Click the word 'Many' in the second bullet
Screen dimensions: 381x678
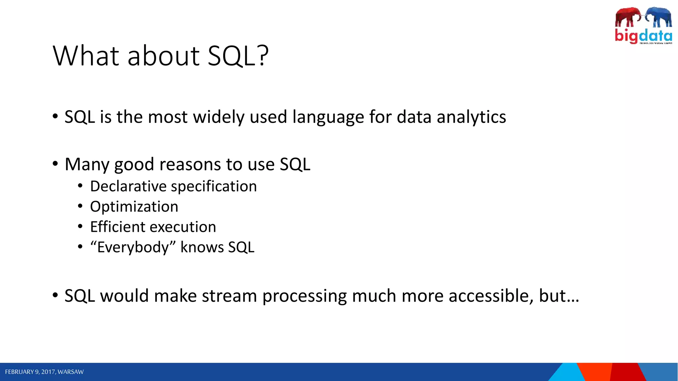pyautogui.click(x=87, y=164)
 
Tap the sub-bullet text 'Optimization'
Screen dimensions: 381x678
pyautogui.click(x=134, y=207)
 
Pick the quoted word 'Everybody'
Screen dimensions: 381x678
pyautogui.click(x=133, y=247)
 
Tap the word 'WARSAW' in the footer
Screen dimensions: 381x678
pyautogui.click(x=71, y=372)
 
